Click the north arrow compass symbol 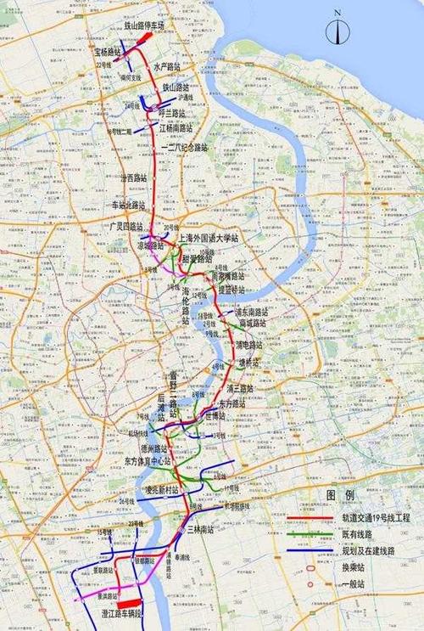(337, 31)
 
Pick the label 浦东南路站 (254, 313)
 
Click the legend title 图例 (341, 494)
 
